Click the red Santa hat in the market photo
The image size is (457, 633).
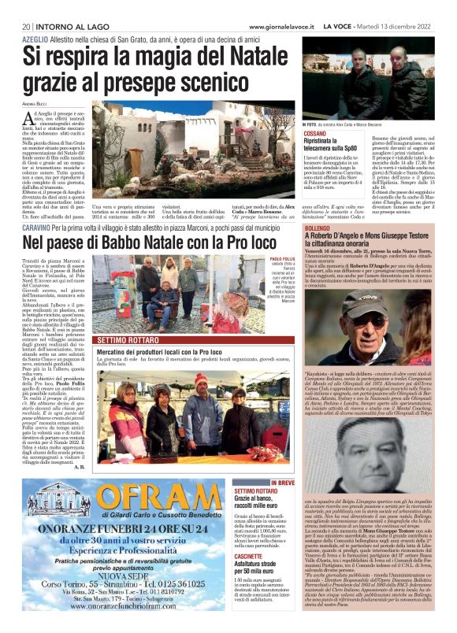click(x=201, y=379)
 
